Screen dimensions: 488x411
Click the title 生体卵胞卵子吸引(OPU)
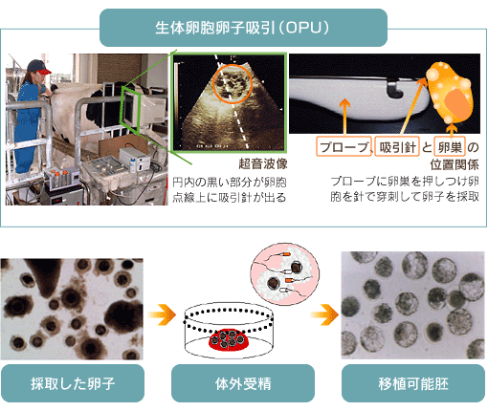[243, 28]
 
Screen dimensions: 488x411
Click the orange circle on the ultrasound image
[233, 84]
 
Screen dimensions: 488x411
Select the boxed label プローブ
[344, 146]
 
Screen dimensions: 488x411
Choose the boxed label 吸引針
[397, 146]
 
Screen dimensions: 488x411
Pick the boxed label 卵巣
[450, 146]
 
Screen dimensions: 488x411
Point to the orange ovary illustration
[449, 93]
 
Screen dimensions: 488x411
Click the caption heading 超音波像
[263, 163]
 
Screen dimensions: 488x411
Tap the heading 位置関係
[455, 164]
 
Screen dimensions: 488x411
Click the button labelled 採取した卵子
[73, 383]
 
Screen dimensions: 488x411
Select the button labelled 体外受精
[243, 383]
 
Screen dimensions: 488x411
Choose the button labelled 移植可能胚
[413, 383]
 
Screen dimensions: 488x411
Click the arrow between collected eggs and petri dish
[162, 314]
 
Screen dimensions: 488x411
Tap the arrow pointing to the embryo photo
[324, 314]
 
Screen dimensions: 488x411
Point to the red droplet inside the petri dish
[229, 339]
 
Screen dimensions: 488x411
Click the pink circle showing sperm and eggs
[284, 273]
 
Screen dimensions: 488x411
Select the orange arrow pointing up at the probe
[344, 117]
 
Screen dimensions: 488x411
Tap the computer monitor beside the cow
[131, 107]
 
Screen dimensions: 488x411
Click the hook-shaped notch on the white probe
[395, 90]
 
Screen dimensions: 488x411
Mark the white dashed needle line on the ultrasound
[232, 102]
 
